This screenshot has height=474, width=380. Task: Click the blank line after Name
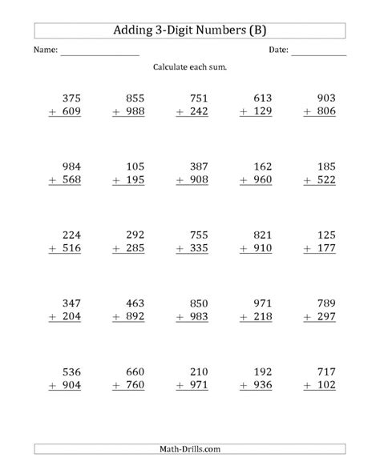(x=99, y=53)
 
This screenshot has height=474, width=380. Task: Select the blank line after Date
(x=318, y=53)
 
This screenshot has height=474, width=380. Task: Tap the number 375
(x=71, y=97)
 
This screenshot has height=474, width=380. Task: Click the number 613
(x=262, y=97)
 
